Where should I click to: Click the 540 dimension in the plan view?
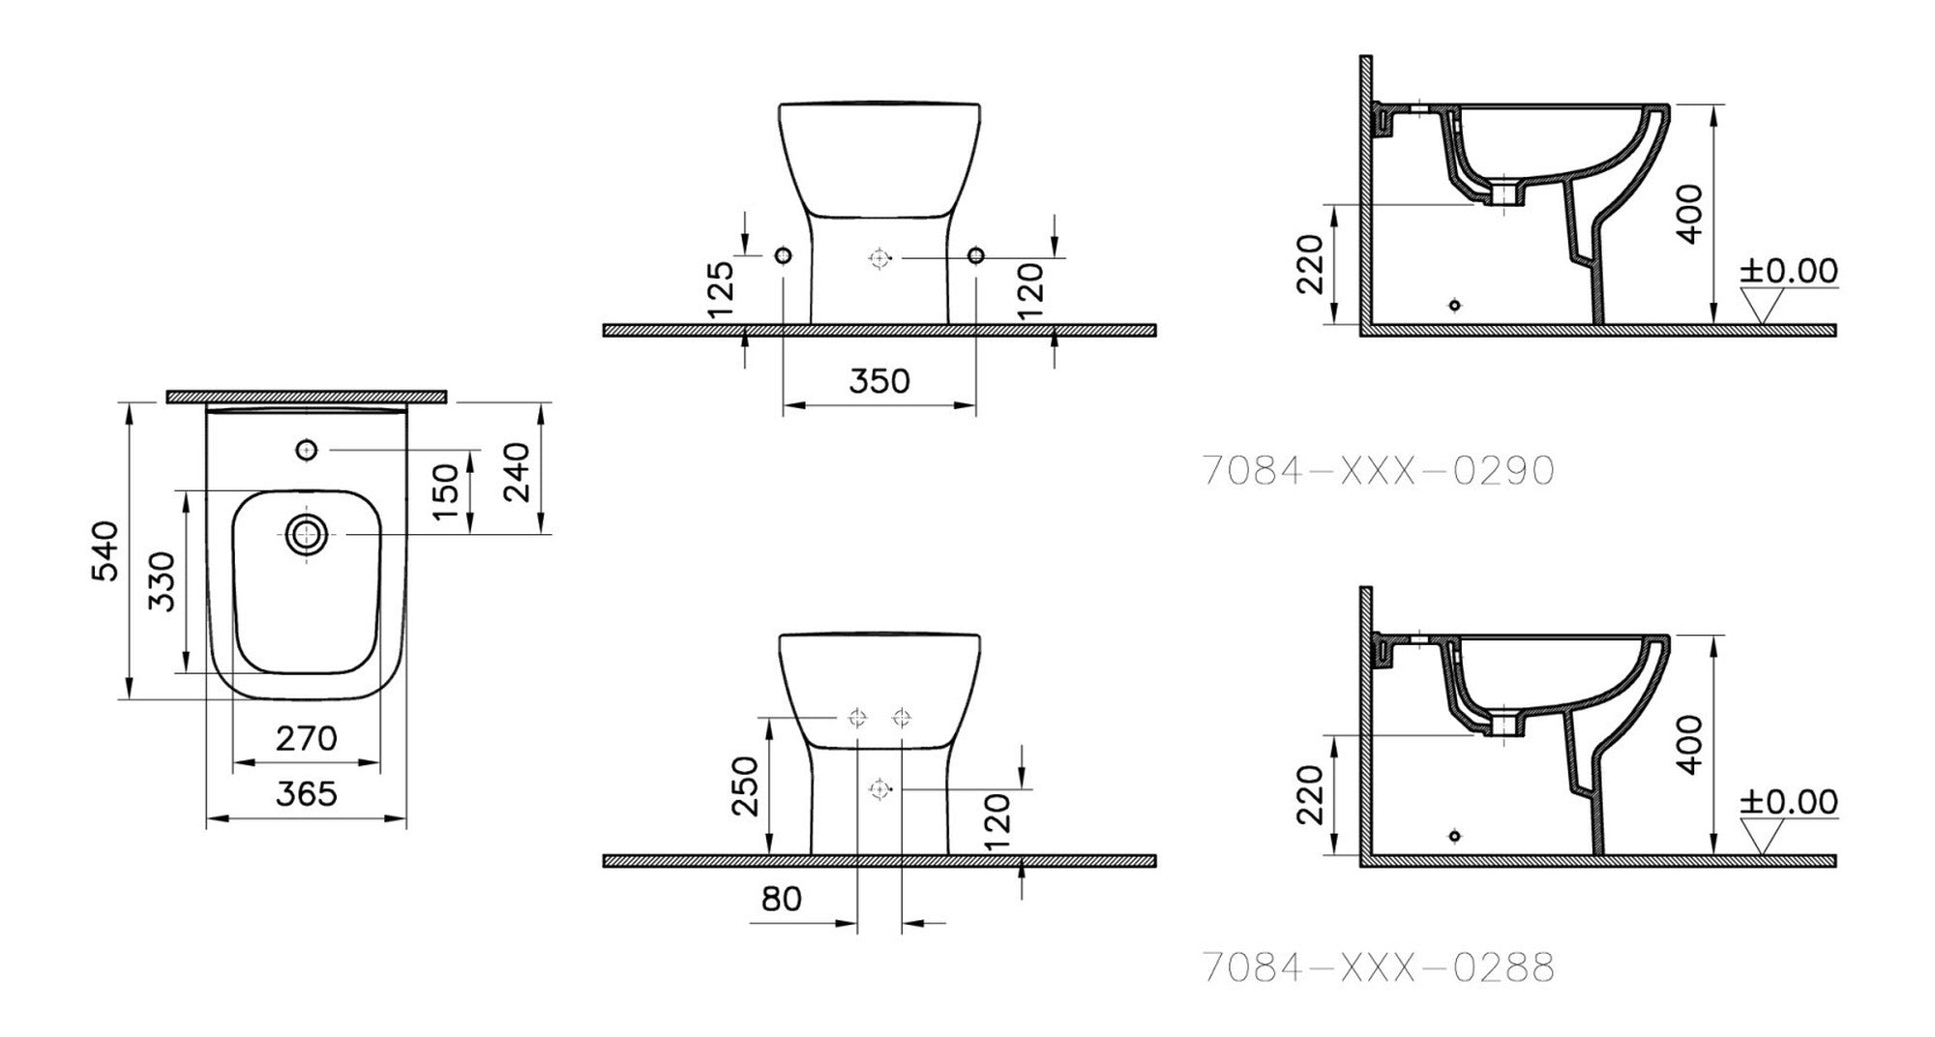click(x=104, y=550)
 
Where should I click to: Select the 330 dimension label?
click(x=164, y=581)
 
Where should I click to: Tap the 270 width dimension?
click(x=307, y=738)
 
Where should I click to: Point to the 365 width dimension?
click(x=307, y=794)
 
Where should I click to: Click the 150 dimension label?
click(x=445, y=491)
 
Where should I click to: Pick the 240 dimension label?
click(x=517, y=471)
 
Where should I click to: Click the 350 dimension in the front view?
click(x=879, y=381)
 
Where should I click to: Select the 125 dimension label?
click(x=721, y=289)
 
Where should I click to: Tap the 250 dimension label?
click(x=745, y=786)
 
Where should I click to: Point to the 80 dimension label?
click(x=782, y=899)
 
